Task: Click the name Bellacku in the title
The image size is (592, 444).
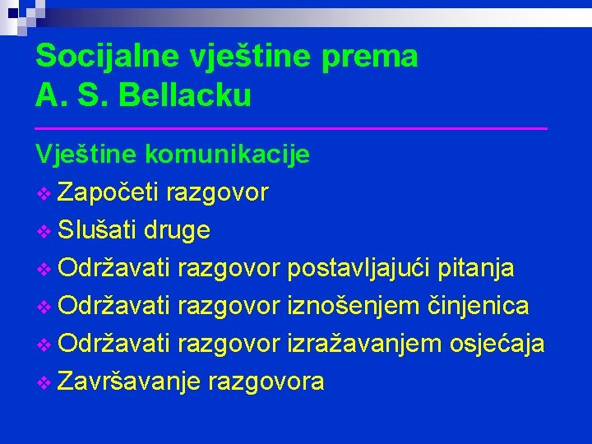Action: pos(185,96)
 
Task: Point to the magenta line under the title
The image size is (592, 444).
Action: pos(291,128)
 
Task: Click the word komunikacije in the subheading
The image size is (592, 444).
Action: pos(228,155)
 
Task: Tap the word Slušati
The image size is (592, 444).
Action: pos(98,230)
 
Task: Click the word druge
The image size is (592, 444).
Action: pos(177,231)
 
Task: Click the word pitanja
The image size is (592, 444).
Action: pos(478,268)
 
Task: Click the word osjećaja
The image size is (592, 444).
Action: pos(497,344)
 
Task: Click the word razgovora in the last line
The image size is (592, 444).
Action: pos(266,382)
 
